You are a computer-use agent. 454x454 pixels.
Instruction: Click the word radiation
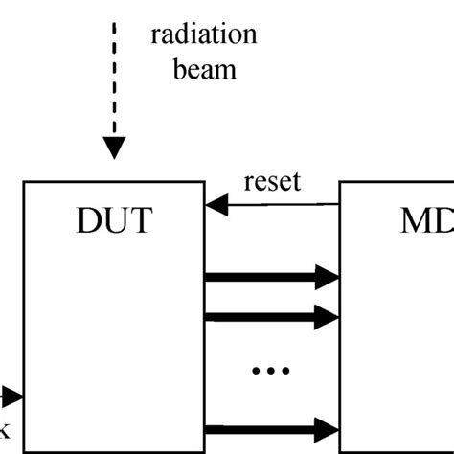[204, 35]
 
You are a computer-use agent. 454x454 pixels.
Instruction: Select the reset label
[272, 181]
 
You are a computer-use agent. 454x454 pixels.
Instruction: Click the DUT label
[114, 222]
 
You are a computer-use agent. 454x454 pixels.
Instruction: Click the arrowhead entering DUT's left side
[13, 397]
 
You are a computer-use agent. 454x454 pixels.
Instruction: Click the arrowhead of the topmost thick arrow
[331, 279]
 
